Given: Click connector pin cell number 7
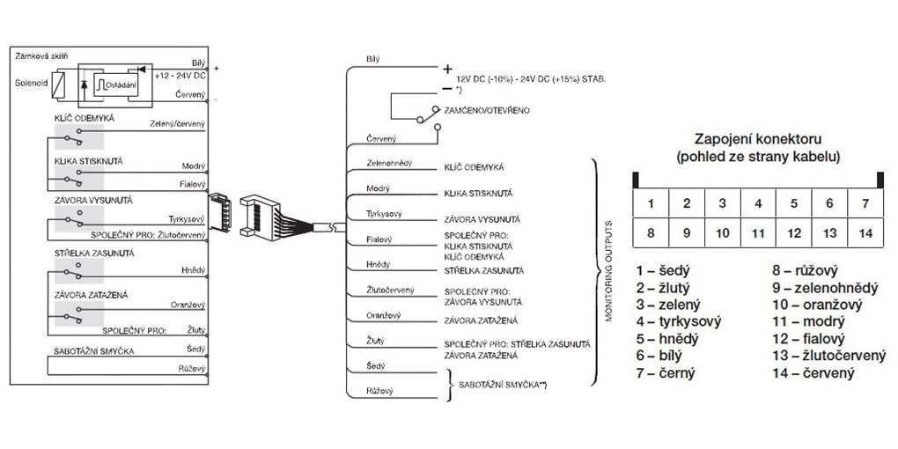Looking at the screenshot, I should coord(866,203).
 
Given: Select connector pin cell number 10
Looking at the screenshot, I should coord(722,235).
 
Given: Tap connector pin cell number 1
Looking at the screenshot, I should coord(651,203).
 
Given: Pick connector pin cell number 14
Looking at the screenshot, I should coord(866,235).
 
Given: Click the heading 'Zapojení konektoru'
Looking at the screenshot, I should coord(758,139).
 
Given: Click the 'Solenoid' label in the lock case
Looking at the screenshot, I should coord(32,86).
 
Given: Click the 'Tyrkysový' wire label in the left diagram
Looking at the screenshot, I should coord(187,218).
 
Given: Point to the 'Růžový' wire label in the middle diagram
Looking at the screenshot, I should coord(380,390).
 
